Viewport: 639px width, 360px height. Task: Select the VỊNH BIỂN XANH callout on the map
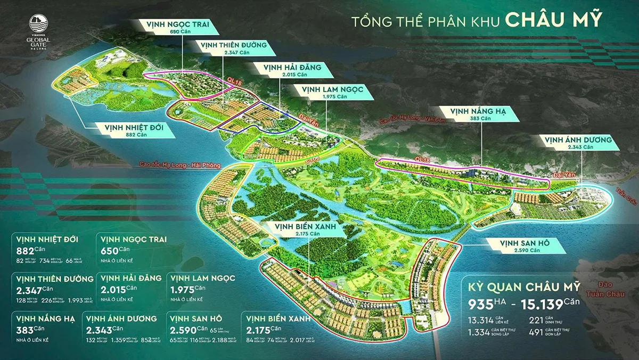point(305,230)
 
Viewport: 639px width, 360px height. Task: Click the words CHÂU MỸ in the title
point(554,20)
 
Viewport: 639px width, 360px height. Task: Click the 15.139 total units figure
point(550,305)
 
